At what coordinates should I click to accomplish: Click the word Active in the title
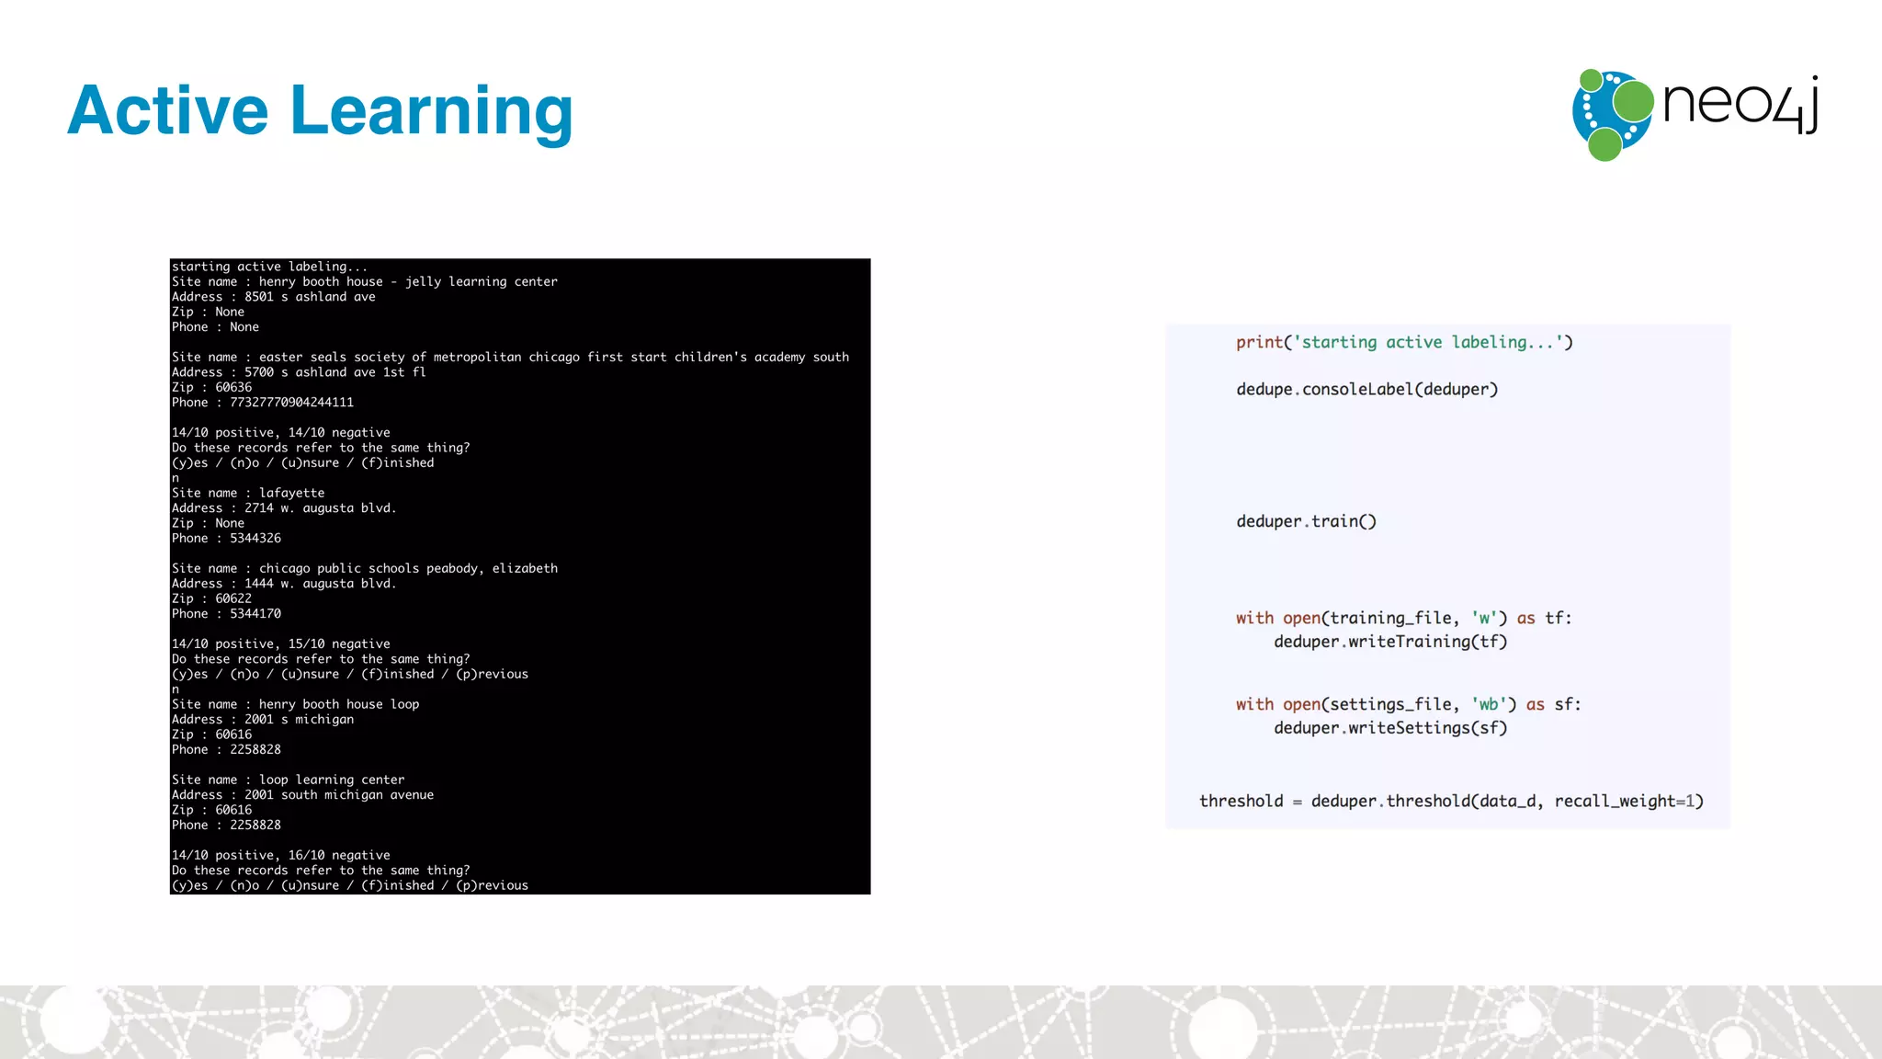(168, 110)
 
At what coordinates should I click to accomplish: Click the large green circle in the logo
(1633, 101)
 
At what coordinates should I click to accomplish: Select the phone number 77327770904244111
(291, 403)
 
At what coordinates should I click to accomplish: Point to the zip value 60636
(233, 388)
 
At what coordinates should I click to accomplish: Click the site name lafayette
(291, 493)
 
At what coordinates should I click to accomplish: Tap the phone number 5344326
(255, 539)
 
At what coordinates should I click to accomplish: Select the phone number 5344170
(255, 614)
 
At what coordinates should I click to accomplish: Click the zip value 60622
(233, 598)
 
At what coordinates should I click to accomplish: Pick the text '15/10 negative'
(339, 644)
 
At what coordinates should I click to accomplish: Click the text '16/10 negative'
(339, 856)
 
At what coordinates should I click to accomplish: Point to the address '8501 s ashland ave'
(310, 297)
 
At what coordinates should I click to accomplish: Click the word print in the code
(1259, 343)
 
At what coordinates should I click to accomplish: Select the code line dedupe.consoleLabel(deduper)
(1366, 390)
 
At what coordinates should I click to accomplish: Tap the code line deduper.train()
(1306, 522)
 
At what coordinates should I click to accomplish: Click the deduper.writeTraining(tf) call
(1390, 642)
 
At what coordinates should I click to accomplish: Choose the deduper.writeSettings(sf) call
(1390, 728)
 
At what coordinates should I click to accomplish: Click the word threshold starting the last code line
(1241, 802)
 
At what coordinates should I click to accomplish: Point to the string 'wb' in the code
(1488, 705)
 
